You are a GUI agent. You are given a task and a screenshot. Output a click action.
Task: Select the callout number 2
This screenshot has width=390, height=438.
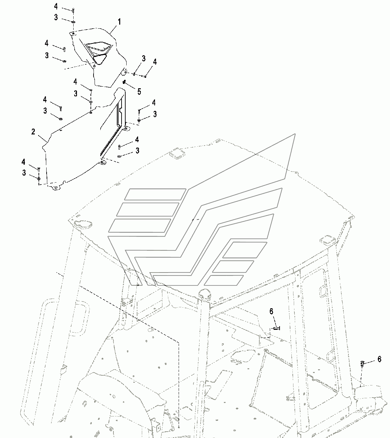point(33,131)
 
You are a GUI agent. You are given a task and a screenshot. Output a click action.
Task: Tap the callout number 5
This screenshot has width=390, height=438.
point(139,92)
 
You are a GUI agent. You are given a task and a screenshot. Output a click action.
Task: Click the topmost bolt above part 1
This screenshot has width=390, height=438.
point(73,10)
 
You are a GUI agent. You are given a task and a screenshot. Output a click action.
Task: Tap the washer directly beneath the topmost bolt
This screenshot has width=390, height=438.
point(73,21)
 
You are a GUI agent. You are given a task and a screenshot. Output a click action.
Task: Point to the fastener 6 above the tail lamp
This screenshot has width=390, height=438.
point(362,363)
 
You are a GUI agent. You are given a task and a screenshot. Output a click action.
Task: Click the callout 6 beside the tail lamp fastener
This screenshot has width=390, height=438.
point(379,359)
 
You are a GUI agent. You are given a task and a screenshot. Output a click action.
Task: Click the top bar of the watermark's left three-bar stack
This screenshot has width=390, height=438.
point(155,194)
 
